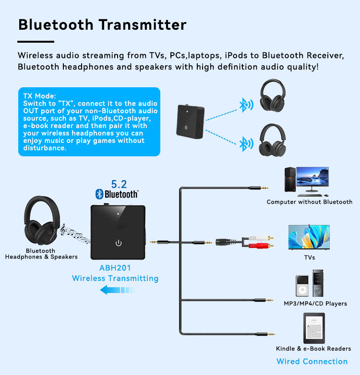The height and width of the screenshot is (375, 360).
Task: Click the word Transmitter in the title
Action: (x=143, y=24)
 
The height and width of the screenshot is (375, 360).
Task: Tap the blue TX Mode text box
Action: (x=89, y=122)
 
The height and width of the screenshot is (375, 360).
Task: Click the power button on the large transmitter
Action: (x=119, y=243)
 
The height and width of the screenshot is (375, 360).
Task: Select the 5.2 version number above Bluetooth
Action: (x=119, y=184)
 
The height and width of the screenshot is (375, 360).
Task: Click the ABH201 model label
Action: (x=115, y=268)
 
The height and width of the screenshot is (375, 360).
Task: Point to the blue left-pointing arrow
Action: (x=117, y=290)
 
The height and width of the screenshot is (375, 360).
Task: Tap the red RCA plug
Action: (x=261, y=246)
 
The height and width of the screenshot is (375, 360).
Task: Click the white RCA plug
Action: (x=261, y=238)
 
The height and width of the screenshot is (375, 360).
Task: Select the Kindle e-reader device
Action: (x=314, y=328)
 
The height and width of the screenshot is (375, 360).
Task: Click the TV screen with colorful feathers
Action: (x=309, y=237)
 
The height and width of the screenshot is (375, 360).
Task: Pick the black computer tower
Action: (x=290, y=179)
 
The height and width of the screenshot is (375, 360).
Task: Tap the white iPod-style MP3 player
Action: (x=302, y=286)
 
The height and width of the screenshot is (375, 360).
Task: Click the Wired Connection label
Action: (x=312, y=362)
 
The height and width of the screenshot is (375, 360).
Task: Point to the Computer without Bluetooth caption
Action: (x=310, y=202)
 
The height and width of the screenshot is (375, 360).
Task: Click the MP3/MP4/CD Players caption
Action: (x=315, y=304)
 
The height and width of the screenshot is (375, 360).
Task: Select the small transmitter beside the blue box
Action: (x=190, y=122)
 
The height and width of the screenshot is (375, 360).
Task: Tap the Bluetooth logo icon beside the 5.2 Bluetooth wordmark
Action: (x=99, y=194)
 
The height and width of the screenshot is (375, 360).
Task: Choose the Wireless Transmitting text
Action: (x=115, y=279)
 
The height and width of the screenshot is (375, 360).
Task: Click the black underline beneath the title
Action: (x=36, y=42)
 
